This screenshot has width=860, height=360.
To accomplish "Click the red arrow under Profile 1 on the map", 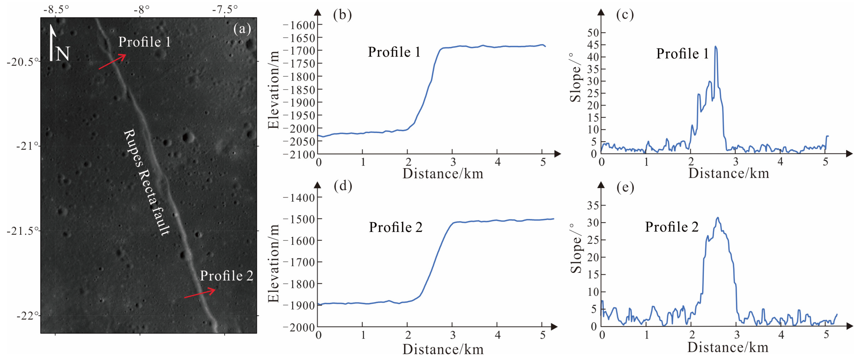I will pos(112,62).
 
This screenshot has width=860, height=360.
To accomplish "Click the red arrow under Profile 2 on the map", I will pos(200,293).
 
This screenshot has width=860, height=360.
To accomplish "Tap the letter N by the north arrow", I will pos(62,54).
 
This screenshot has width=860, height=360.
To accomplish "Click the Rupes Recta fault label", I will pos(147,182).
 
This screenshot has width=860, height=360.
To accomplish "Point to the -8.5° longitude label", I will pos(56,9).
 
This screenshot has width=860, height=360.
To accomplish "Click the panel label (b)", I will pos(342,15).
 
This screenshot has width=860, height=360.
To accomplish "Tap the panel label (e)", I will pos(625,187).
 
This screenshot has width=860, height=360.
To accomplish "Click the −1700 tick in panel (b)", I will pos(299,51).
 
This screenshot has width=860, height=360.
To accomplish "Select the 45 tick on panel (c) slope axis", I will pos(593,45).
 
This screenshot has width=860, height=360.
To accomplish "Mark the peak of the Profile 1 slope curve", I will pos(715,47).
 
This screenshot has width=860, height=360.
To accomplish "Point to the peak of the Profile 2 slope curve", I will pos(718,218).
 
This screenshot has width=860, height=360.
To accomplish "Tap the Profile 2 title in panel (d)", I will pos(396,228).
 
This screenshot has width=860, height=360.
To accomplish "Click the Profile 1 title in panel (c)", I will pos(682,54).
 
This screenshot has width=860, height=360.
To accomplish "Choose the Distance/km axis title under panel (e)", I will pos(728,347).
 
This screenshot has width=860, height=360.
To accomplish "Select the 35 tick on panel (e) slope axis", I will pos(593,205).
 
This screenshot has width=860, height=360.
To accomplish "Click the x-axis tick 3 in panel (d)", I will pos(452,335).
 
